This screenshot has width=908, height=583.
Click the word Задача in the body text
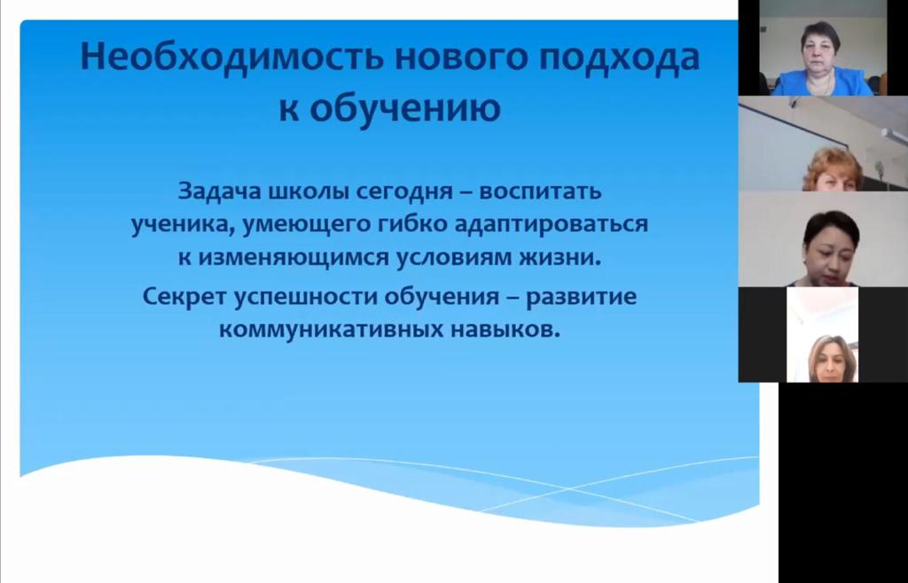pos(220,191)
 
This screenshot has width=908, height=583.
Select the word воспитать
pos(540,191)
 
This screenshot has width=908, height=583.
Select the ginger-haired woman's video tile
pos(823,144)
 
